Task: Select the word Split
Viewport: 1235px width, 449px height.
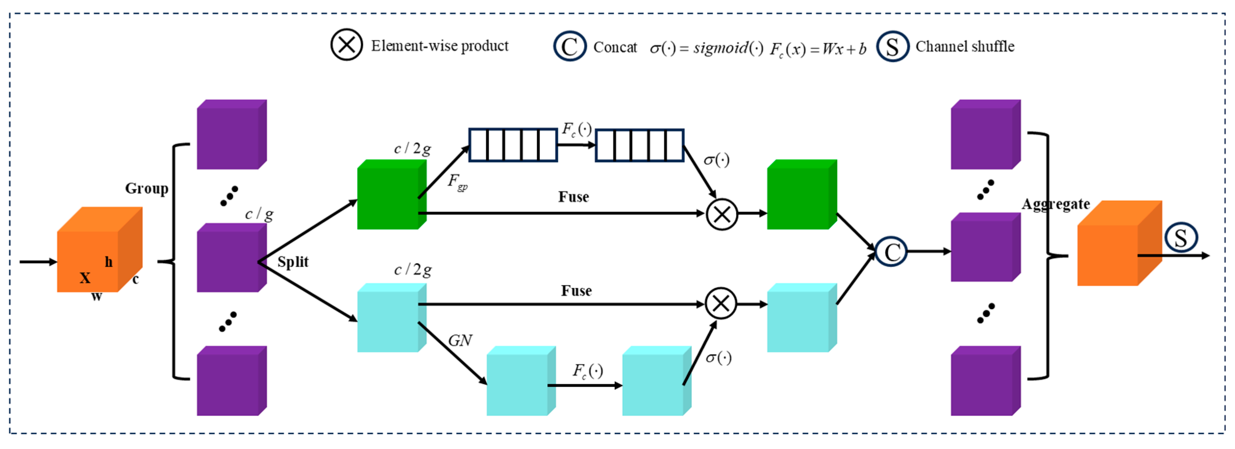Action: (x=292, y=262)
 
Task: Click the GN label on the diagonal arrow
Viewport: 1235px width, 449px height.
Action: (x=460, y=341)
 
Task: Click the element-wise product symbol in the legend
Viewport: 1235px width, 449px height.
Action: (x=346, y=45)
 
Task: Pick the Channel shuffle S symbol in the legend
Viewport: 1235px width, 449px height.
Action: (x=892, y=46)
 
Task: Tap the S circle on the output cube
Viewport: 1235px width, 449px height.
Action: (x=1181, y=238)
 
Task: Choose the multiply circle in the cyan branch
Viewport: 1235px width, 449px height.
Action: (x=721, y=304)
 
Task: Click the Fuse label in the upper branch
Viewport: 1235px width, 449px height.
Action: (x=573, y=197)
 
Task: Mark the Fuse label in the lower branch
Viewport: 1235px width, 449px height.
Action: (x=576, y=291)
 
